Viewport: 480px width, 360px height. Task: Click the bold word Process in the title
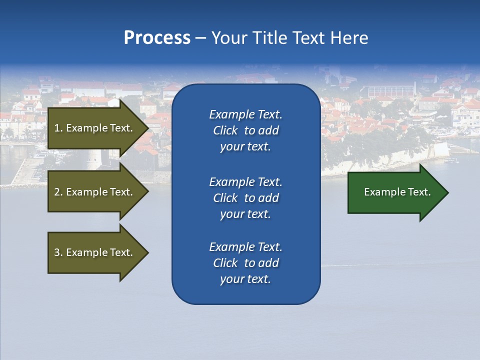(x=157, y=38)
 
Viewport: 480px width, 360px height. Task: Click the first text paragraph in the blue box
(x=245, y=130)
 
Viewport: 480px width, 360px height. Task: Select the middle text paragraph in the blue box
(x=245, y=198)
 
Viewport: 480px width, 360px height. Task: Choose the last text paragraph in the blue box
(x=245, y=263)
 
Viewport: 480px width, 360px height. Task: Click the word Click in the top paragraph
(x=225, y=130)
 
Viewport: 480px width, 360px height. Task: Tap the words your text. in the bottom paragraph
(x=245, y=279)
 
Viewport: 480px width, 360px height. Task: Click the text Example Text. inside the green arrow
(x=397, y=192)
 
